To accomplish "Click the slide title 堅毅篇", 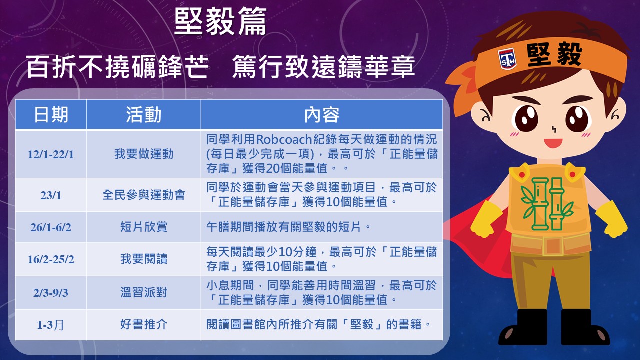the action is point(220,21).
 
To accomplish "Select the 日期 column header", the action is point(51,115).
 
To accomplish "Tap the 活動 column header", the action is point(143,115).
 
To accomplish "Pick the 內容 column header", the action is point(322,115).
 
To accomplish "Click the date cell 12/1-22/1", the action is point(51,154).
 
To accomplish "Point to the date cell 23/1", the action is point(51,195).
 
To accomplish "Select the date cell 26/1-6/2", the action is point(51,227).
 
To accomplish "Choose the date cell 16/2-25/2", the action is point(51,259).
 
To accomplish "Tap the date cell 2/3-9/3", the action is point(51,293).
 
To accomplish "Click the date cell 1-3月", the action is point(51,325).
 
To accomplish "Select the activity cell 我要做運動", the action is point(144,154).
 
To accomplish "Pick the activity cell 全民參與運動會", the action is point(144,195).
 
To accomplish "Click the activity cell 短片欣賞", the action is point(144,227).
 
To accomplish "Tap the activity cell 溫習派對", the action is point(144,292).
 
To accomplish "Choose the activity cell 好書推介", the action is point(144,324).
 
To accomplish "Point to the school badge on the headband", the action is point(507,59).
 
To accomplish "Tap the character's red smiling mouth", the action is point(553,143).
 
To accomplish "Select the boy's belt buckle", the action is point(553,245).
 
